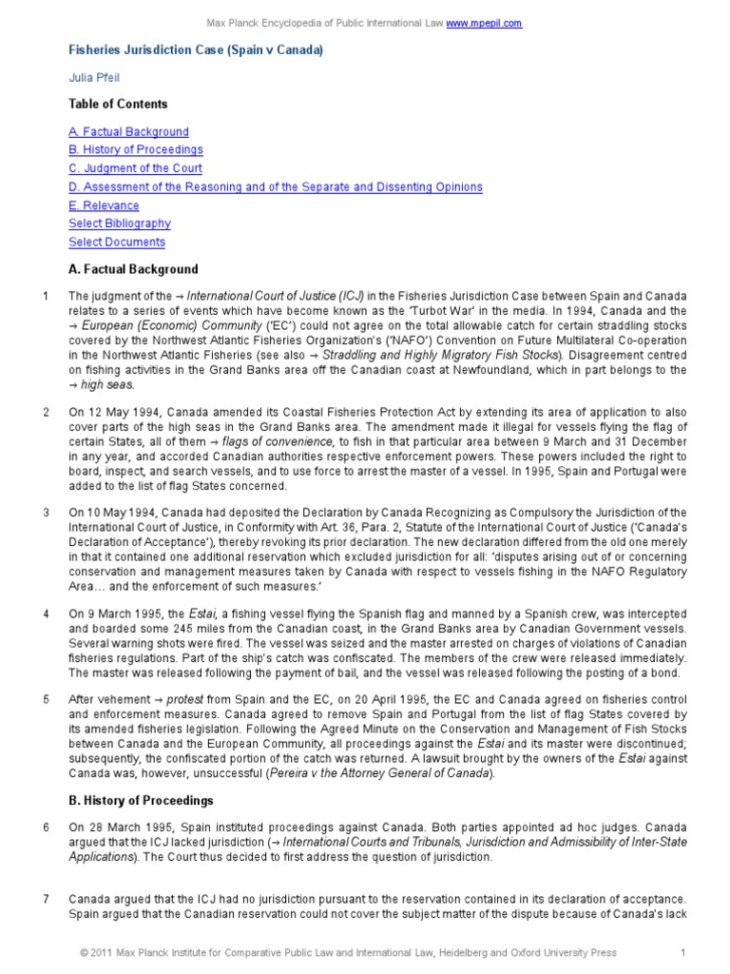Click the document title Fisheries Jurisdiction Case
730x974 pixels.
pos(196,50)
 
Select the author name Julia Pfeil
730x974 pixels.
pos(93,78)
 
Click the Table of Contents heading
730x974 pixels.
pos(118,105)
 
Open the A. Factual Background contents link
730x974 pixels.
pos(128,132)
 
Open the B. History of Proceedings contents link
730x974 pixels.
pos(136,150)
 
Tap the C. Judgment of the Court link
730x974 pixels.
pos(135,168)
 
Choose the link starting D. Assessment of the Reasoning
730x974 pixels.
pos(276,187)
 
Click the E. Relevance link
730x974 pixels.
pos(104,205)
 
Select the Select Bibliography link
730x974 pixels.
pos(120,224)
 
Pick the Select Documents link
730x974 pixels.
pos(116,243)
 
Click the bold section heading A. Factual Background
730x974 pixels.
pos(133,269)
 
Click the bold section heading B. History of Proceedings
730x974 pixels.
pos(141,800)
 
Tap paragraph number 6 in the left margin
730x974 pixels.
pos(46,828)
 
